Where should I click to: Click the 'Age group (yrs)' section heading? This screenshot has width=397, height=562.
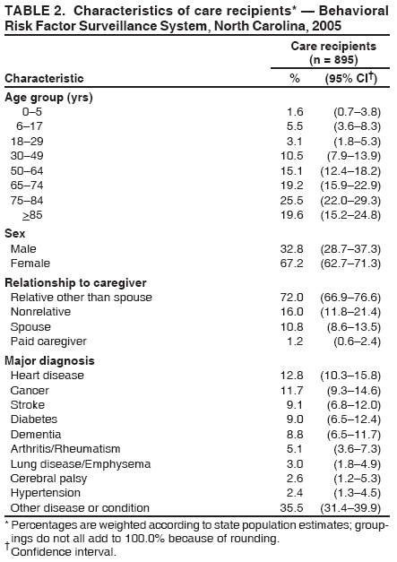[48, 96]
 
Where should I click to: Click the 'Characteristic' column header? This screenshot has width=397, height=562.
[45, 78]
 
